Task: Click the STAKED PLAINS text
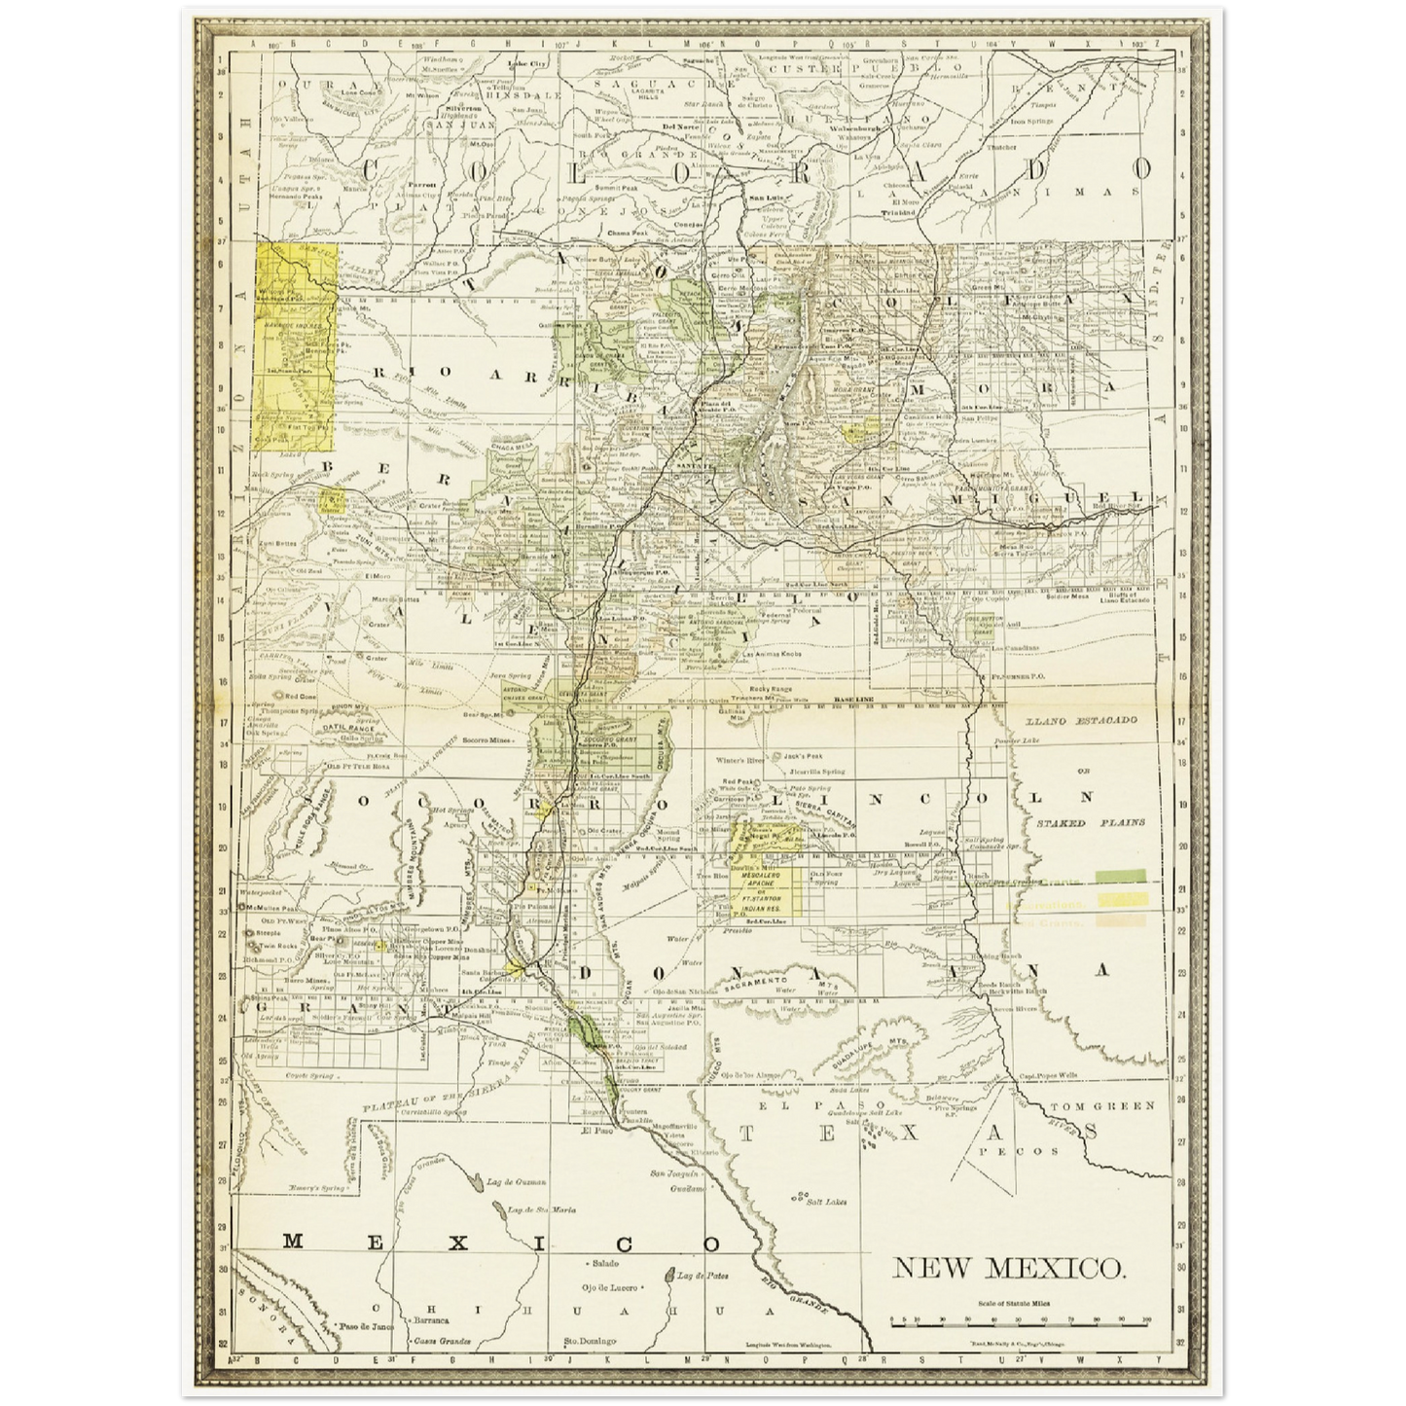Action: tap(1090, 822)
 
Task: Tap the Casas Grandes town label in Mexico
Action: tap(441, 1341)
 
